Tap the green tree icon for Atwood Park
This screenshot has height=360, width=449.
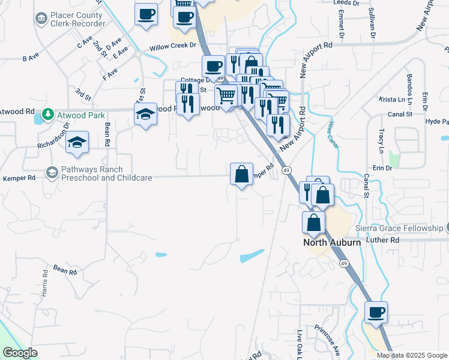[47, 115]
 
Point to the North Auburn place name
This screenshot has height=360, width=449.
[331, 242]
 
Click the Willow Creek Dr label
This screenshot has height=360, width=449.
[173, 46]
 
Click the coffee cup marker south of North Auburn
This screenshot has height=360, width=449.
[376, 313]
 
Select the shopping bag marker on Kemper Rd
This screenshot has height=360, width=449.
[241, 175]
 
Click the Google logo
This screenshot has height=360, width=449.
[20, 353]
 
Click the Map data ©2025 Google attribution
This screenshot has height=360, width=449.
[411, 355]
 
